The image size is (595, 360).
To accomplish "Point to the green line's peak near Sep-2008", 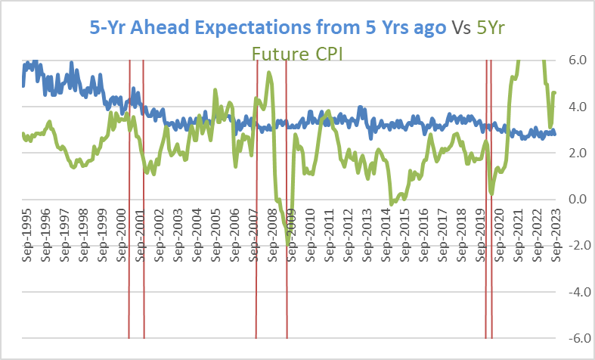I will [x=270, y=73].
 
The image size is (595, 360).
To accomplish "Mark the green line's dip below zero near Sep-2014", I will [x=391, y=203].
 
